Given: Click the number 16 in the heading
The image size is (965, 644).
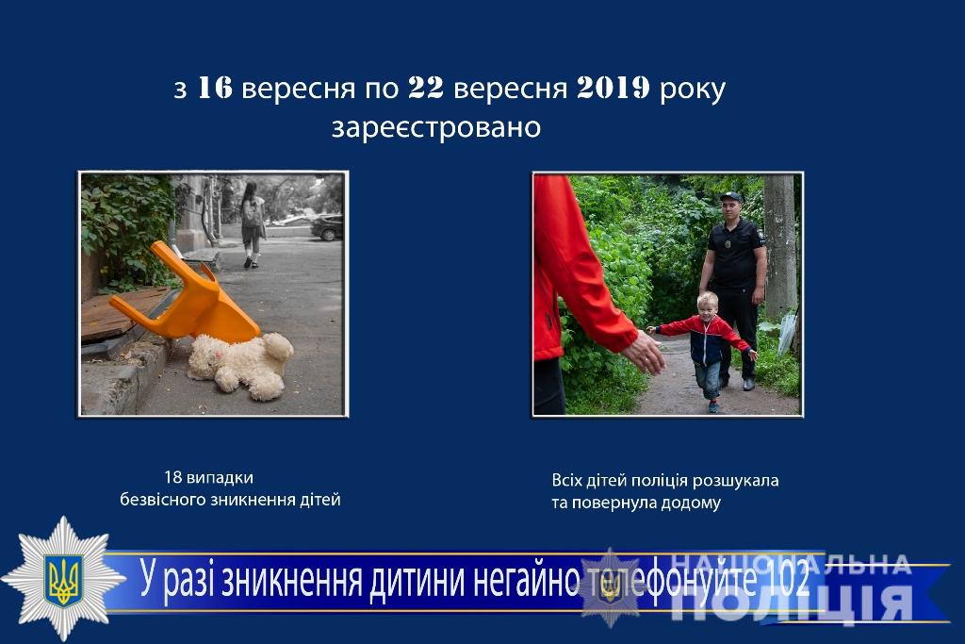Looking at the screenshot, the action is (215, 88).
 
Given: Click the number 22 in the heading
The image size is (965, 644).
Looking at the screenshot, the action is (426, 88).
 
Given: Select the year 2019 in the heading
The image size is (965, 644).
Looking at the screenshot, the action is (613, 88).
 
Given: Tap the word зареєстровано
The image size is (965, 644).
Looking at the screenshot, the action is (436, 128).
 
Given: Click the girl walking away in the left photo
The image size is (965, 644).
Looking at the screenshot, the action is (253, 224).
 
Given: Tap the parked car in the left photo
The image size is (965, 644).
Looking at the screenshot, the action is (327, 227).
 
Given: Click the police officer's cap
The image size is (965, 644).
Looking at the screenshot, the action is (731, 197).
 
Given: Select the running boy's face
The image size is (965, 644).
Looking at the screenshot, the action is (707, 307).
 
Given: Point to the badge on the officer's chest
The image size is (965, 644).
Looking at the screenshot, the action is (728, 244).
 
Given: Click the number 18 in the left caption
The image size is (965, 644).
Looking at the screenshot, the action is (173, 477).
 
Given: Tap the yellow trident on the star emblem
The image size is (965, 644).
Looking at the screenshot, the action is (63, 579).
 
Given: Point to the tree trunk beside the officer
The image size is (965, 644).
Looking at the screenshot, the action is (779, 246).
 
